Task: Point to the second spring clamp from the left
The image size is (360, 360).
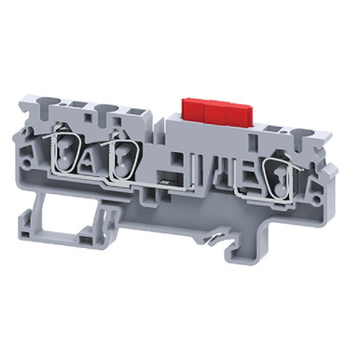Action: pyautogui.click(x=121, y=157)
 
